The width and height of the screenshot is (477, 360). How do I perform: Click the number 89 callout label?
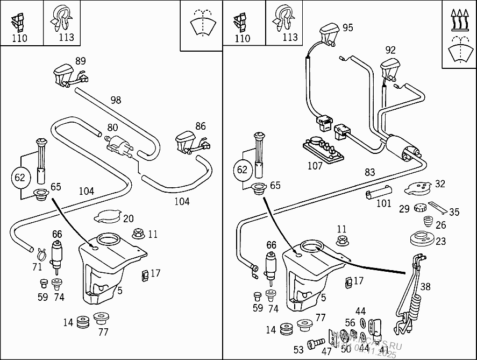tap(80, 61)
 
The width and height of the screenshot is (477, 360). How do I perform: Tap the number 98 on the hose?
tap(116, 100)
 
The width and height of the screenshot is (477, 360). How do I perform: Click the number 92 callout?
tap(390, 51)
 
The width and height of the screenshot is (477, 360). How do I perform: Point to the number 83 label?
tap(369, 172)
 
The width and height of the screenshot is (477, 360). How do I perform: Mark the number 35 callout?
tap(454, 212)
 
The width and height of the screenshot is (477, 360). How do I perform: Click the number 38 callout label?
tap(425, 286)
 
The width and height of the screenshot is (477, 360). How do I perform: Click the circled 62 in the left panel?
tap(20, 178)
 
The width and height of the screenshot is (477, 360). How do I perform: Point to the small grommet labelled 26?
tap(428, 222)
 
